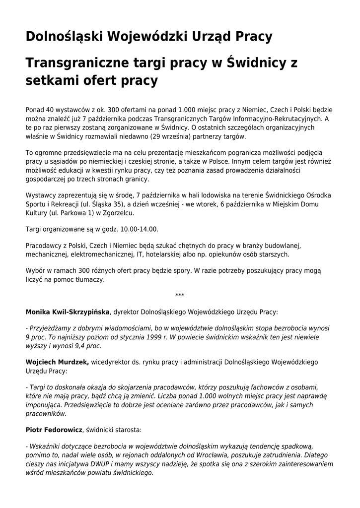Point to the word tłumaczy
point(89,280)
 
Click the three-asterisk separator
point(180,296)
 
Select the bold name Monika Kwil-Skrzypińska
point(68,312)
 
